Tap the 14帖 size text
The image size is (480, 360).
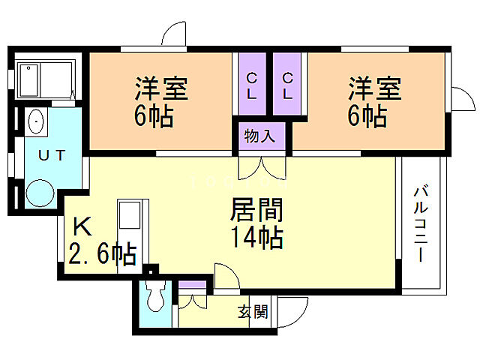pyautogui.click(x=256, y=238)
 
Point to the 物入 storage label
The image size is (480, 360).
pyautogui.click(x=260, y=136)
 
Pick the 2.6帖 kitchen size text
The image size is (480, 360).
pyautogui.click(x=102, y=253)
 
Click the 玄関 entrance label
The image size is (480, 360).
pyautogui.click(x=253, y=311)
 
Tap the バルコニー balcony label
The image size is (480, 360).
pyautogui.click(x=419, y=223)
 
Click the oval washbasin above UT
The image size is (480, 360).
pyautogui.click(x=35, y=122)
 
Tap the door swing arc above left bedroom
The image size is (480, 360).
pyautogui.click(x=175, y=34)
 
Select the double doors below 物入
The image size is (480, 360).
pyautogui.click(x=260, y=168)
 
